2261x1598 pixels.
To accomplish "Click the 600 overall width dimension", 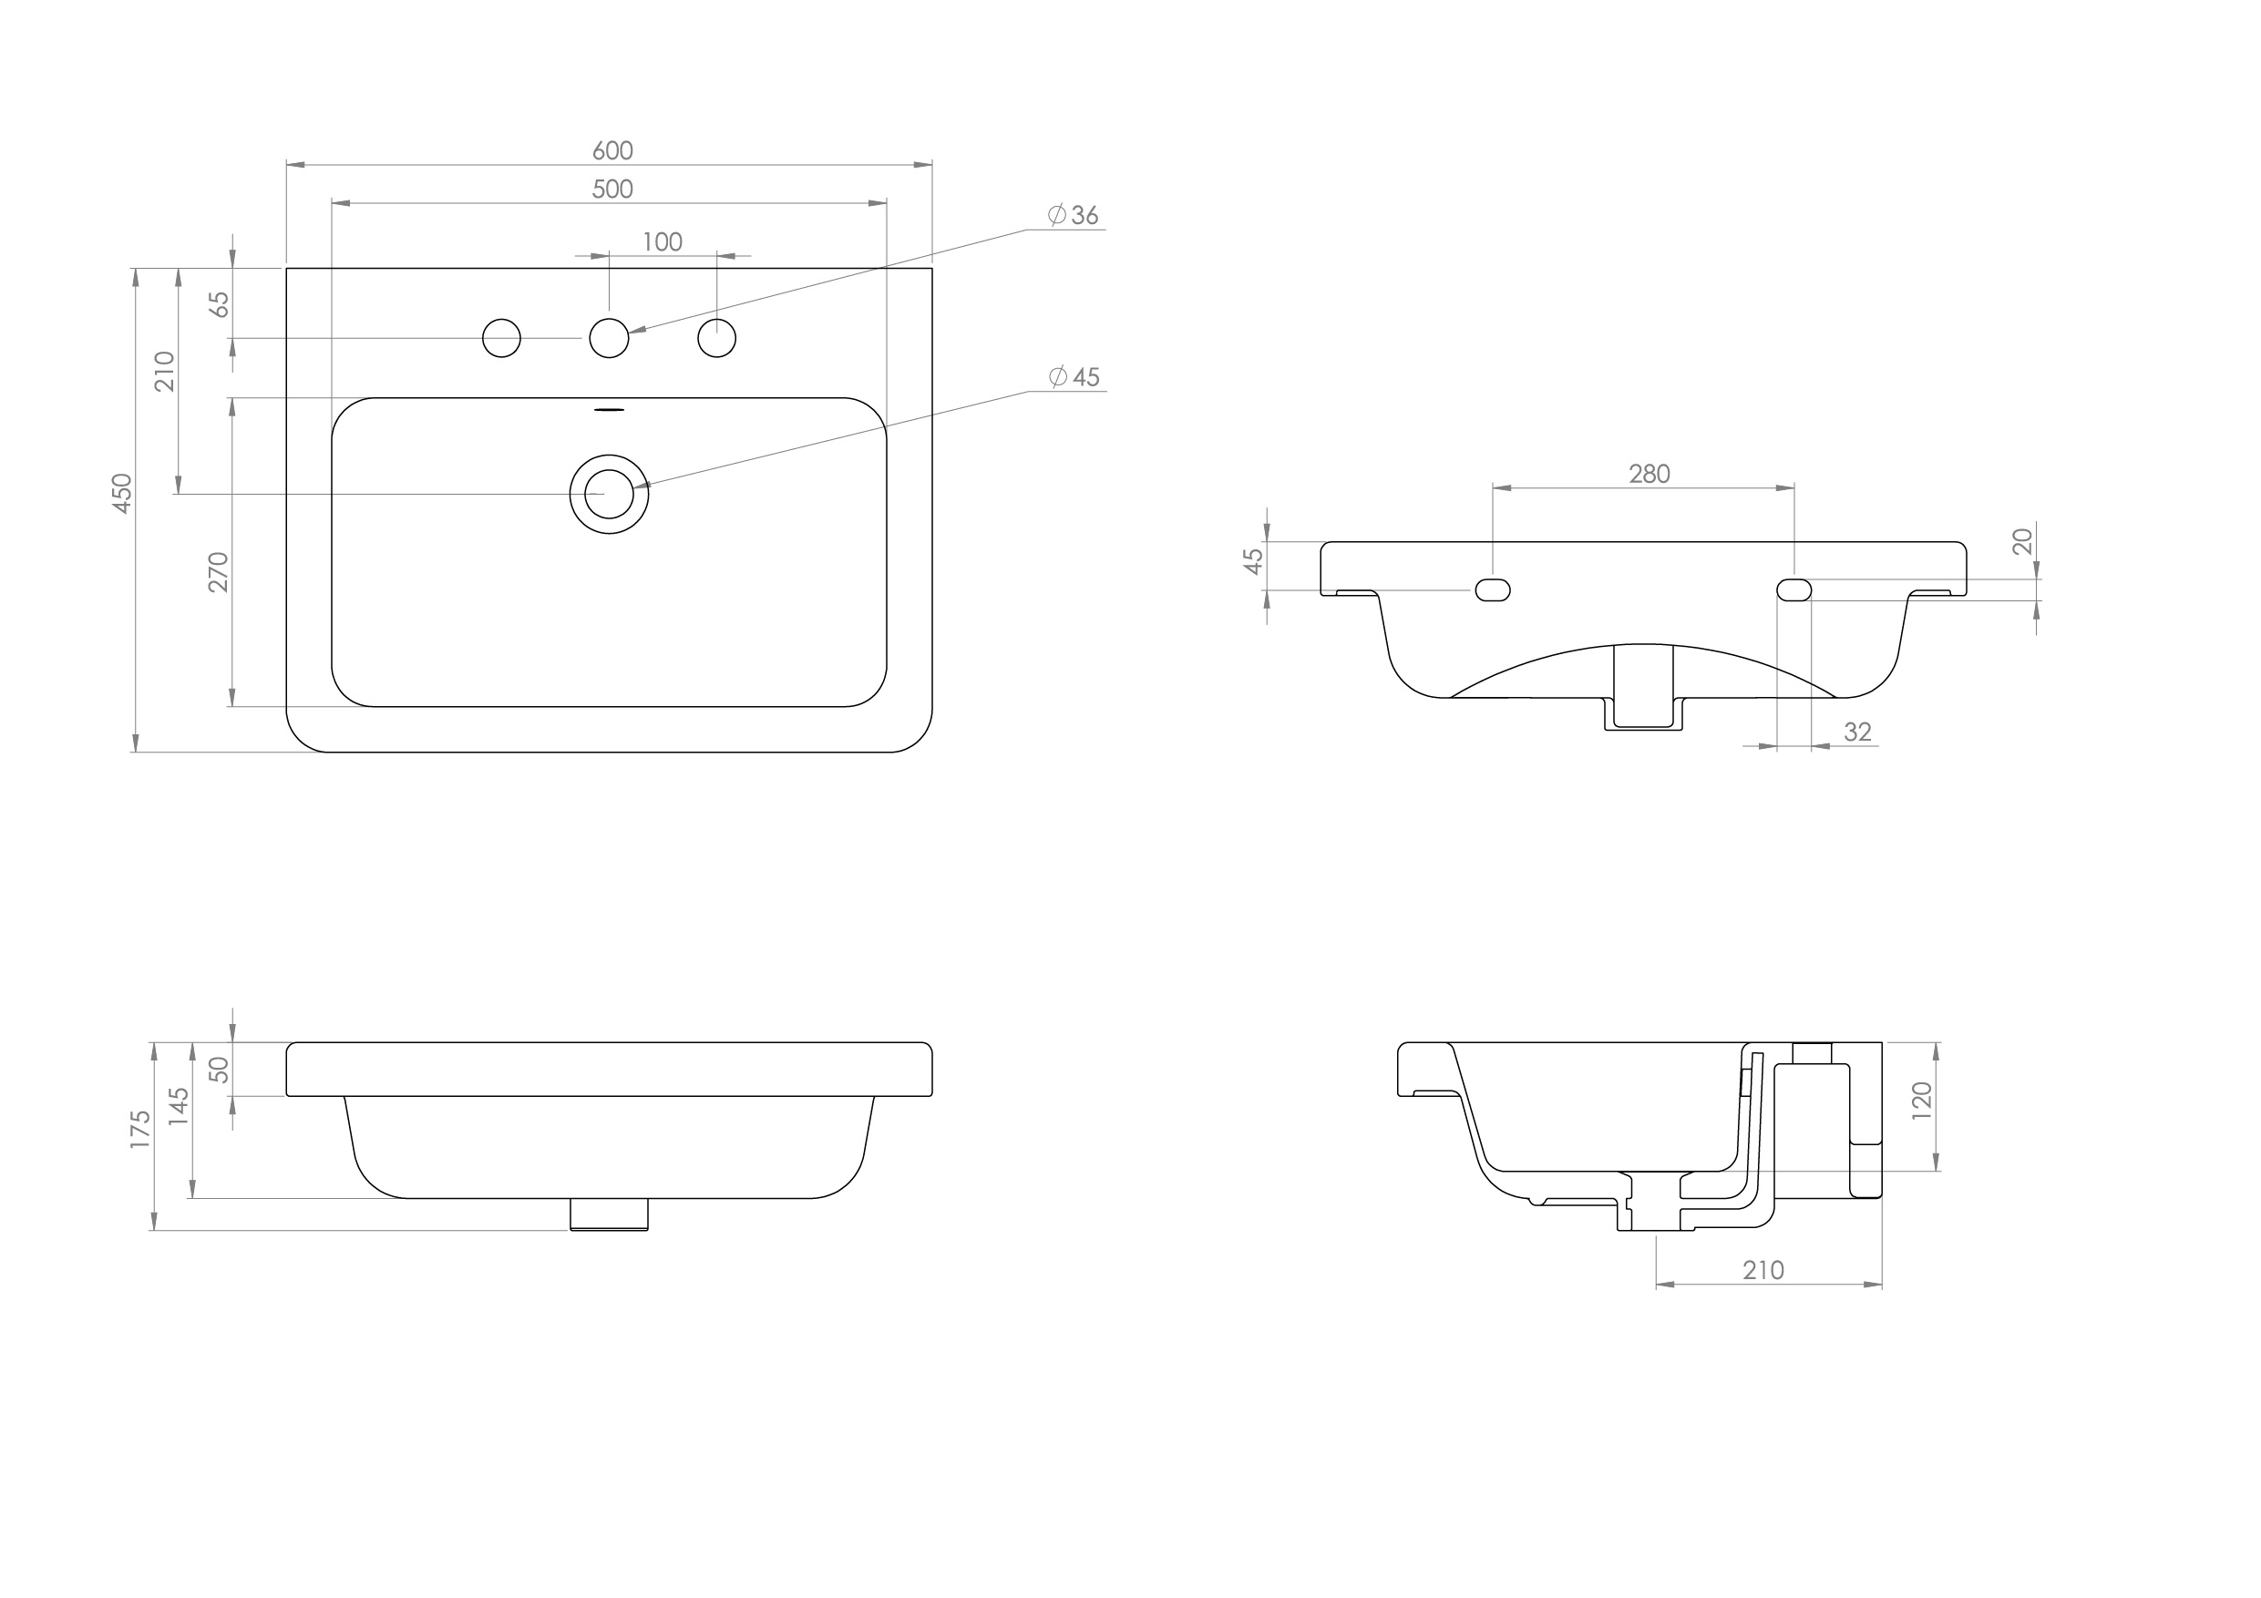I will (x=611, y=150).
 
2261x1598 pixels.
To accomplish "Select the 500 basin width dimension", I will (x=611, y=189).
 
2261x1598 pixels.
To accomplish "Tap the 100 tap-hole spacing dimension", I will (x=662, y=242).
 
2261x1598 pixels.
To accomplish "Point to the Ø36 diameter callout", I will (x=1074, y=215).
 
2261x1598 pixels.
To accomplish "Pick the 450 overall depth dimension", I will (x=122, y=492).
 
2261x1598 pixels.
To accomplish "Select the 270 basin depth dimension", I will (x=219, y=571).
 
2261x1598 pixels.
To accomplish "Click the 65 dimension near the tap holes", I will (x=221, y=304).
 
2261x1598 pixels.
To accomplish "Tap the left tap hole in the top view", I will (x=501, y=339).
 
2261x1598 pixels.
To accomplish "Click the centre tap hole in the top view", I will (x=609, y=339).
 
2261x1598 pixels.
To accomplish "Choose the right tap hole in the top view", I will (x=716, y=339).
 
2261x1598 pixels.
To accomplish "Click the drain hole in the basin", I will (x=609, y=495).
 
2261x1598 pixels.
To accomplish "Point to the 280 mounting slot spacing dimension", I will (x=1650, y=475).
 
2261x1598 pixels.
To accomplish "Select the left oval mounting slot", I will (x=1492, y=589).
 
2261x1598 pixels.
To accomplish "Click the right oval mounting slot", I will (x=1793, y=589).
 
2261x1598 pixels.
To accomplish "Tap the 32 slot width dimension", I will (x=1857, y=732).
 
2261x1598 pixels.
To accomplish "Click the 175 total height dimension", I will (x=141, y=1130).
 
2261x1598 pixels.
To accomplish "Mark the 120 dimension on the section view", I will (x=1922, y=1101).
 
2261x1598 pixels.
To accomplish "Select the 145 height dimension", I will (x=180, y=1107).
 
